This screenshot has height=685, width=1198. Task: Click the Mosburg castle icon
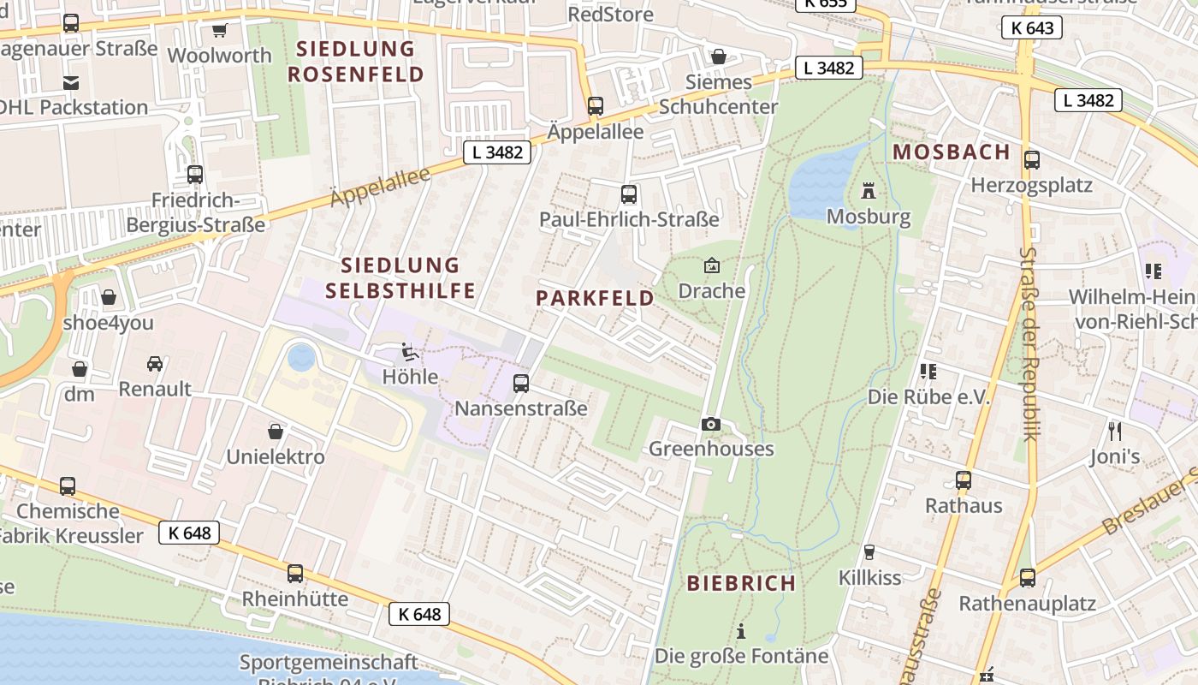869,190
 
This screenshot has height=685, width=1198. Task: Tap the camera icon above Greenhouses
710,424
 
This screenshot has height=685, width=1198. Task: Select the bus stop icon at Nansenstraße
521,384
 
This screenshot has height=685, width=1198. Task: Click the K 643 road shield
1031,28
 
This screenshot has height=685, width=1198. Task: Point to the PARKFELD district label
595,298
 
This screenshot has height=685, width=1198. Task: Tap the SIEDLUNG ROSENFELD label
356,62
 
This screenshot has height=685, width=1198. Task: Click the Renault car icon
155,364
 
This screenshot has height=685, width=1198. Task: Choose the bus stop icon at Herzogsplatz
1032,159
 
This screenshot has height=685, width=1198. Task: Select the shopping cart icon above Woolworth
220,31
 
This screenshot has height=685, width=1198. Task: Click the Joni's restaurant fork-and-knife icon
1114,431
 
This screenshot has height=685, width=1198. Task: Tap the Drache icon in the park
711,265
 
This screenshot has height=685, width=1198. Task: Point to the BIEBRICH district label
741,583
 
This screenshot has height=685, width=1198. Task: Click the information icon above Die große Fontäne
741,631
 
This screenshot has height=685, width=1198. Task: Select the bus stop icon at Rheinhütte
295,573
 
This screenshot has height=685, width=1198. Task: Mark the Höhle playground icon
410,352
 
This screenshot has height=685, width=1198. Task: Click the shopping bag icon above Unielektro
276,432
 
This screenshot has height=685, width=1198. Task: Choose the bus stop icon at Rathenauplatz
1027,578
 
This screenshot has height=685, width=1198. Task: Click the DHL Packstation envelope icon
70,83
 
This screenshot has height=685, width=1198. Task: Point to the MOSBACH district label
952,152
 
